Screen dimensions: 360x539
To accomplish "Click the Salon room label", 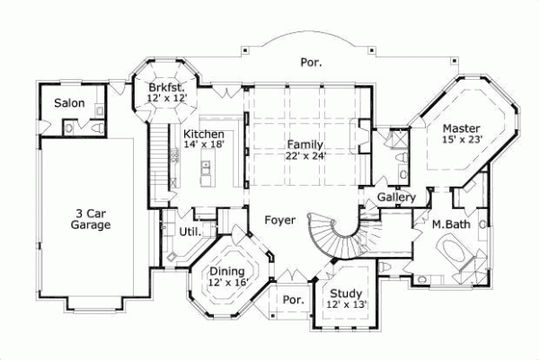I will (x=69, y=103).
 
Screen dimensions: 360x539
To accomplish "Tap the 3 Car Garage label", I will (x=93, y=219).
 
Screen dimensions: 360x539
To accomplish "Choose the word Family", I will (x=305, y=144).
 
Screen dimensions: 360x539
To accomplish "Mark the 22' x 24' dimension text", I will (x=305, y=155).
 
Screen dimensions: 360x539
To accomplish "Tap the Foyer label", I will (x=279, y=218).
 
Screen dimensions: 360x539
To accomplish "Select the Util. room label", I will (x=190, y=232).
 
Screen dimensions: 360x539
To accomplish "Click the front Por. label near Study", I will (x=292, y=299).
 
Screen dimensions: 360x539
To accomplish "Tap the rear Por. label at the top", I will (x=310, y=63).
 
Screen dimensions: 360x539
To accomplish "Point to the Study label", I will (x=347, y=293).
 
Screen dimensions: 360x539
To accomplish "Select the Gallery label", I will (x=395, y=197).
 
